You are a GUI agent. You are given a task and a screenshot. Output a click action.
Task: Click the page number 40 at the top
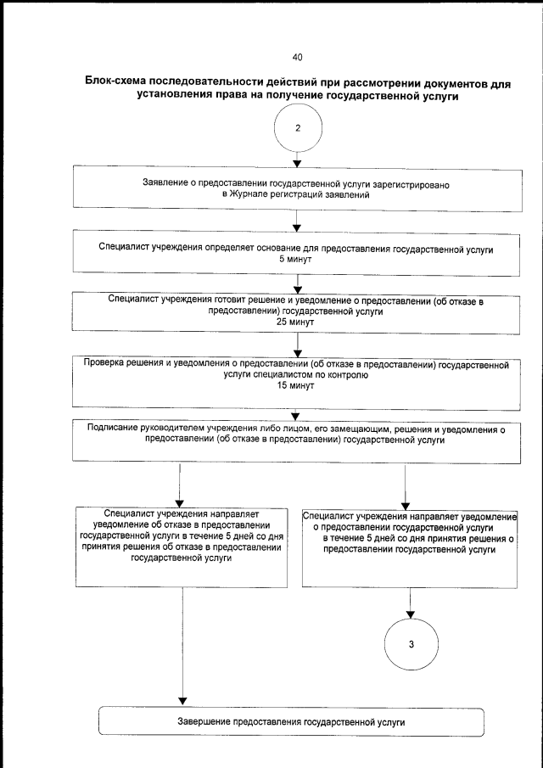pyautogui.click(x=297, y=58)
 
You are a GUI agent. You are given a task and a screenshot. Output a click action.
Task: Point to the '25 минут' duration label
pyautogui.click(x=296, y=322)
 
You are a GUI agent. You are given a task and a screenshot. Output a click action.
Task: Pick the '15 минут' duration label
pyautogui.click(x=296, y=385)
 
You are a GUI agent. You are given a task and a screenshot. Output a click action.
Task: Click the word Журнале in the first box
pyautogui.click(x=246, y=195)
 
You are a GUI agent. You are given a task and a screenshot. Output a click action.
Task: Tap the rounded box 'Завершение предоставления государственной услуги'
pyautogui.click(x=291, y=722)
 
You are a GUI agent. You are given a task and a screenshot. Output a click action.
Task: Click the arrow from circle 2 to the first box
pyautogui.click(x=297, y=159)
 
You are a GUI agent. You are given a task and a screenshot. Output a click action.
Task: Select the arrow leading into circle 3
pyautogui.click(x=411, y=605)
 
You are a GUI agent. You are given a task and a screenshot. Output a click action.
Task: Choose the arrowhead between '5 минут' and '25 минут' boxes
pyautogui.click(x=297, y=289)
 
